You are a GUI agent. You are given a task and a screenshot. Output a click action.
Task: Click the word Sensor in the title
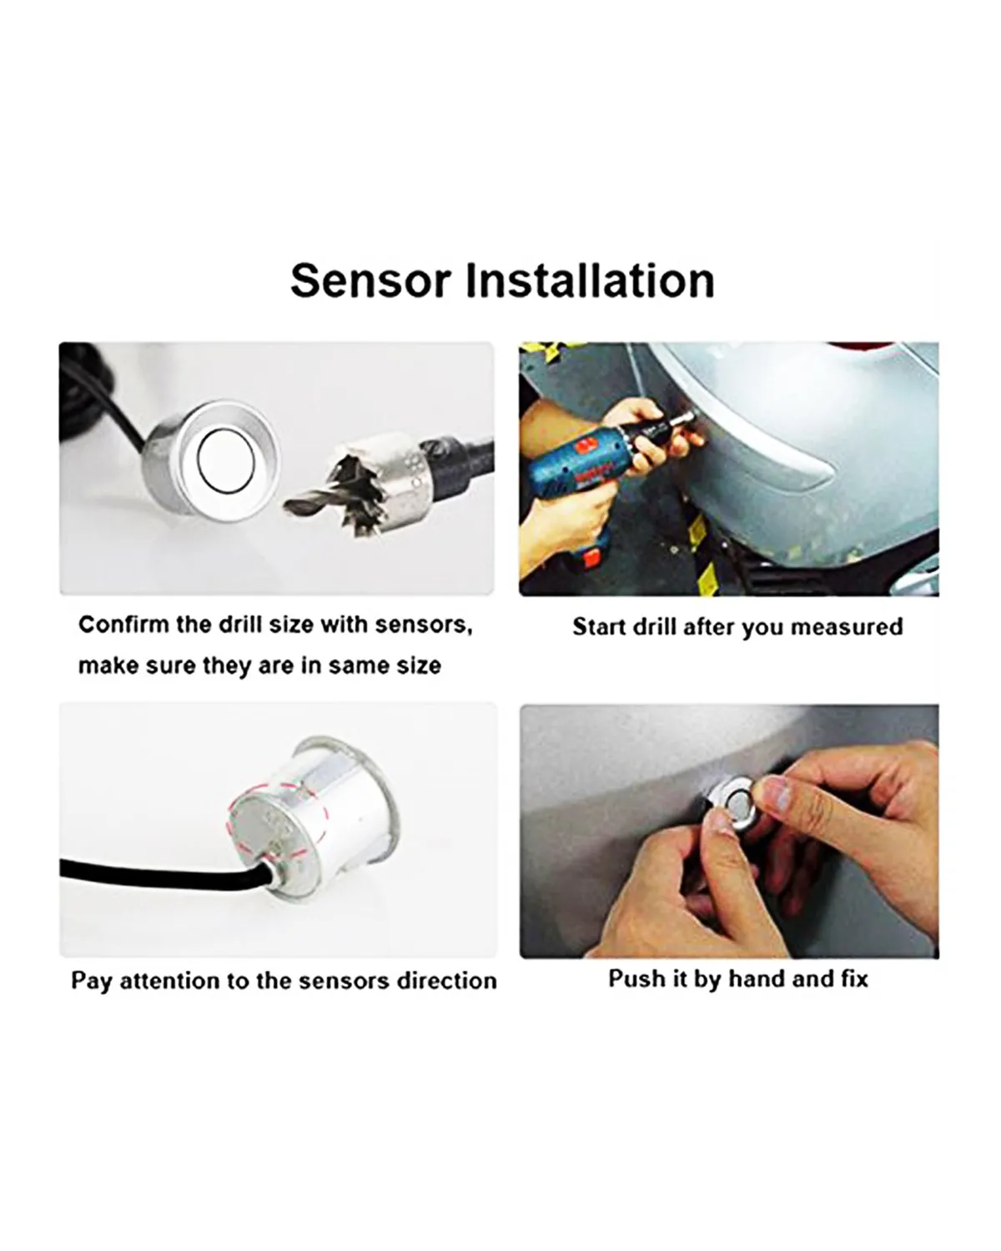coord(370,281)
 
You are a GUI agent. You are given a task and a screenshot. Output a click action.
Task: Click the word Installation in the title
coord(590,280)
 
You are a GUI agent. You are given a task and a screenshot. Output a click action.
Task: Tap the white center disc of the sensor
coord(226,460)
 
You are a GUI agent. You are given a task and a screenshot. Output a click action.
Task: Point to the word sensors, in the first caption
coord(424,625)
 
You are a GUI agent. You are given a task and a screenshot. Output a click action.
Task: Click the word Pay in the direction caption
coord(91,982)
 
